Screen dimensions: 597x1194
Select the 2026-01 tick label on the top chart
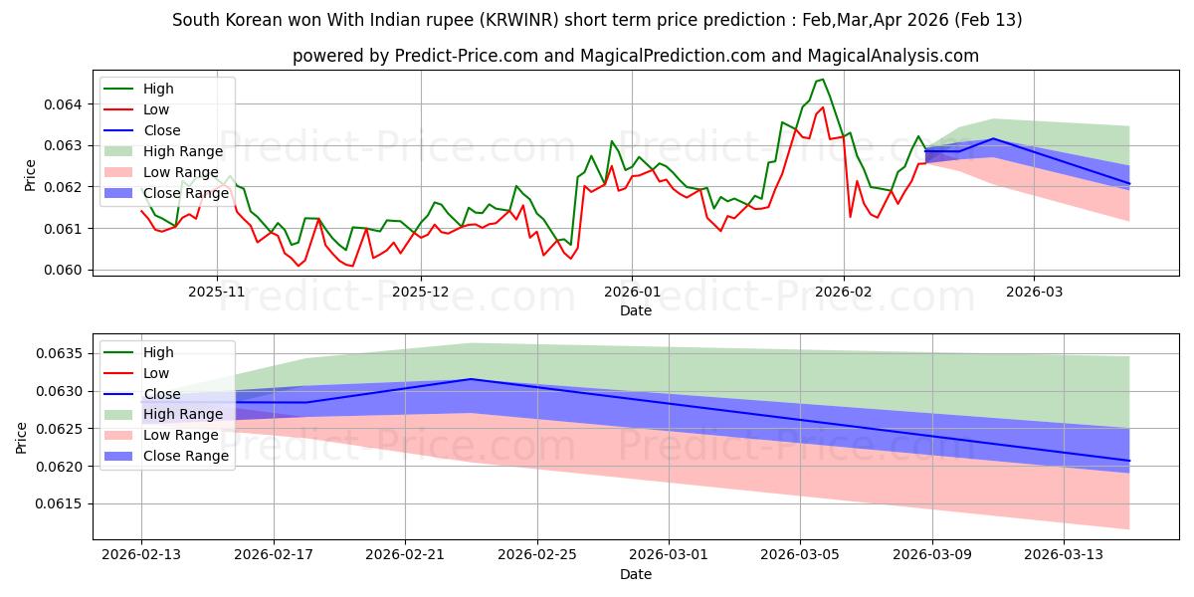[631, 293]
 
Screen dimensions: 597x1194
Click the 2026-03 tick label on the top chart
[1034, 293]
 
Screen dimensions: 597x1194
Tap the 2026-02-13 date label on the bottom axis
[141, 555]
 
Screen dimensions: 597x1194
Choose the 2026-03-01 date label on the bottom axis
[668, 555]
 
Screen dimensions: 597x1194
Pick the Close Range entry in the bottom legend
[185, 456]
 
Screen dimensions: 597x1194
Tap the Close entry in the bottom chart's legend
[162, 394]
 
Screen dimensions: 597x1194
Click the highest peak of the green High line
[822, 80]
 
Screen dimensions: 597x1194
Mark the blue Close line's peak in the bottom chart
[471, 379]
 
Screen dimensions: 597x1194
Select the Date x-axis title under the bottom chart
[636, 574]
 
